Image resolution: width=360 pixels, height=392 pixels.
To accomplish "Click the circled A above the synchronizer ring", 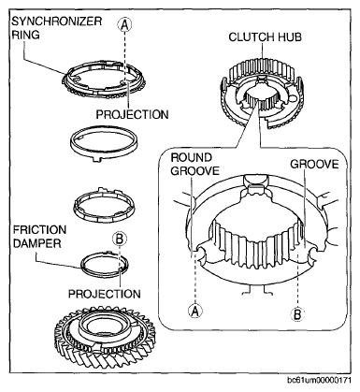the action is [124, 24].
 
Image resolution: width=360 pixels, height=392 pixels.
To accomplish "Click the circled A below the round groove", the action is [195, 311].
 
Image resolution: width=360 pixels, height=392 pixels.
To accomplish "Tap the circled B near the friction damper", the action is [120, 240].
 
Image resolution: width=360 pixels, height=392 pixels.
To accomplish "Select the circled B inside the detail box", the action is [297, 313].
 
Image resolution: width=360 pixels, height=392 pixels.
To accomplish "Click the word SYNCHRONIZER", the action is [56, 22].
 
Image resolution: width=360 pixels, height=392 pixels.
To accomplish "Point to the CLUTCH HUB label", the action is [265, 37].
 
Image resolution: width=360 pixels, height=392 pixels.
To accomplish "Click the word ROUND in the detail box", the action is [191, 157].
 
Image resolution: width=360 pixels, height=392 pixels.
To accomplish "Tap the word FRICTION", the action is [39, 230].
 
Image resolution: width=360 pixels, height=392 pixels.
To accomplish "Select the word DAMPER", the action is [36, 243].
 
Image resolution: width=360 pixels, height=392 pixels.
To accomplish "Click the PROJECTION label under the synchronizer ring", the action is [132, 114].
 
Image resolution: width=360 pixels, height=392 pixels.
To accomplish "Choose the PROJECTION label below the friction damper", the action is [105, 294].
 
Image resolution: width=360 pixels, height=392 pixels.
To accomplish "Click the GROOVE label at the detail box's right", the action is [314, 164].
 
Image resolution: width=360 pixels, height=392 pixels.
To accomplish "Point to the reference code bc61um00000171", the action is [319, 381].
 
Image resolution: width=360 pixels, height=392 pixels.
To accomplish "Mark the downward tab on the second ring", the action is [97, 159].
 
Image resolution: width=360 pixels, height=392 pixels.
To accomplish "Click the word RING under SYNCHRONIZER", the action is [25, 35].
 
